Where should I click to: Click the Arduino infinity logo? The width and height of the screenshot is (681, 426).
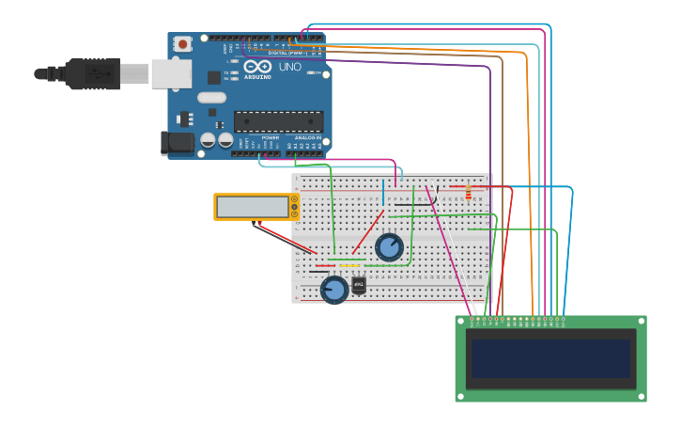[256, 67]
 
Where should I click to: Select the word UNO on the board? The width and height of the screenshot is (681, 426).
[289, 67]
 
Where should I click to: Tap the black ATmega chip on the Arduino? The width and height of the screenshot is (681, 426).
[278, 121]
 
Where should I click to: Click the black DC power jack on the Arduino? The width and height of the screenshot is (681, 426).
[177, 143]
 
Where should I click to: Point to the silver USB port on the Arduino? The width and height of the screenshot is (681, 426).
[171, 73]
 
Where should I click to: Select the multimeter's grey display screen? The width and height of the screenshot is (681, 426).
[253, 207]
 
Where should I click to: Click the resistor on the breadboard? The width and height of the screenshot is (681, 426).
[468, 193]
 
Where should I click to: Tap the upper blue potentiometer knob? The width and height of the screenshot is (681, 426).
[389, 247]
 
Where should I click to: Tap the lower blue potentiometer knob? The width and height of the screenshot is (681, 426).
[333, 289]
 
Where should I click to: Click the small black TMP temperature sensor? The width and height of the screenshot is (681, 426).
[359, 285]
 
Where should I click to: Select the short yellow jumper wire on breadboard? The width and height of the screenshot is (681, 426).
[350, 265]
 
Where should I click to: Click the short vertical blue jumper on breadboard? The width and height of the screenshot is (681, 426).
[383, 191]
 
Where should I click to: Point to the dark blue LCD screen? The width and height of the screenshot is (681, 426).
[550, 358]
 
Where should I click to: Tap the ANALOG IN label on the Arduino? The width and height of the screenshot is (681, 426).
[307, 137]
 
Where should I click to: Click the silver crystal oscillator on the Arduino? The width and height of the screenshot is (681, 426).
[212, 97]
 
